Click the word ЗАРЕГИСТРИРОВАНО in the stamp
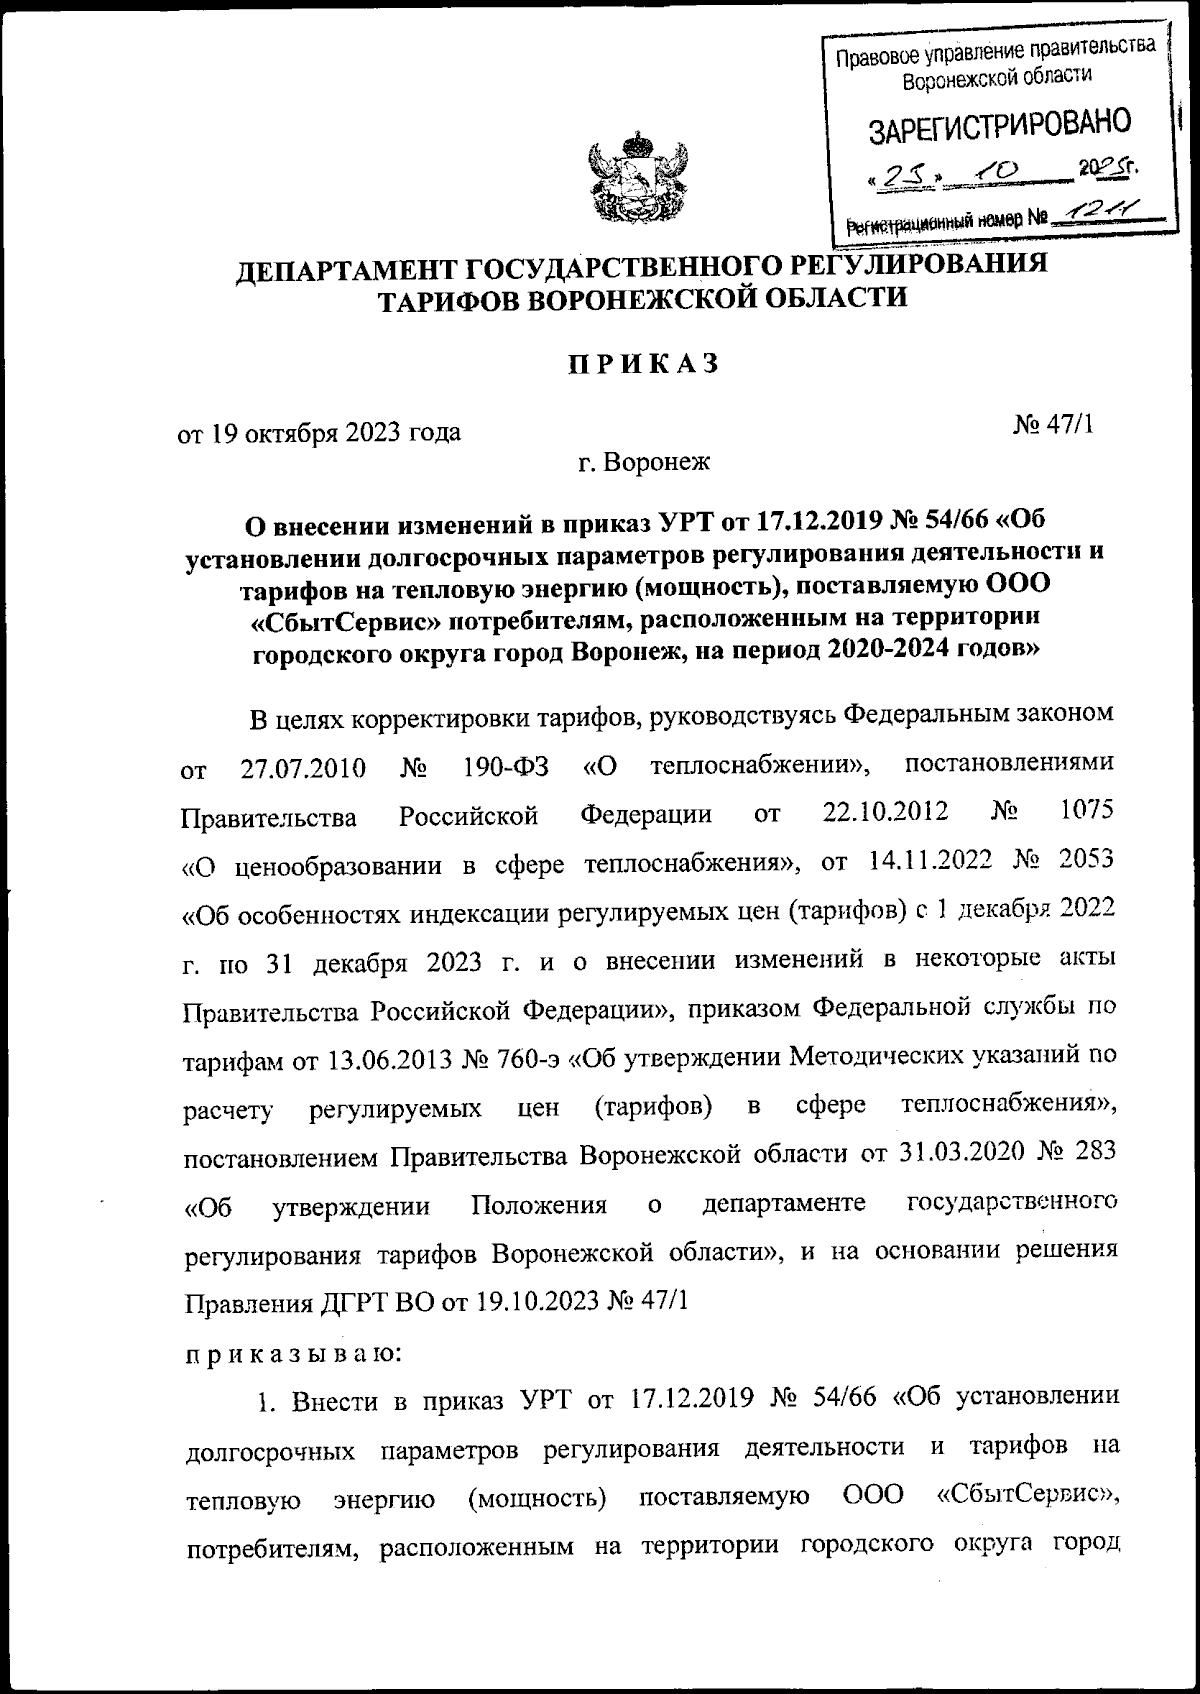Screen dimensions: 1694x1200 click(999, 127)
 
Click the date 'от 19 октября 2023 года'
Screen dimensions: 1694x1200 click(319, 432)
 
